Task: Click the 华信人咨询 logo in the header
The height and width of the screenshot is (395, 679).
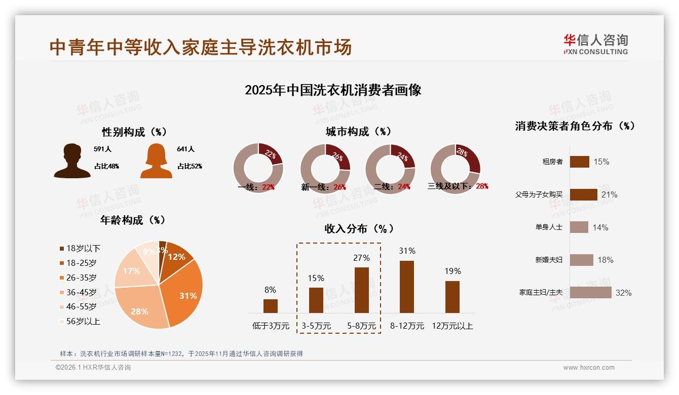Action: (x=595, y=44)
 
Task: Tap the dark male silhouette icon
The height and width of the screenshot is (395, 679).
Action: (x=72, y=161)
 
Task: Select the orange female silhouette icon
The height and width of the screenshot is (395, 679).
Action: (x=156, y=161)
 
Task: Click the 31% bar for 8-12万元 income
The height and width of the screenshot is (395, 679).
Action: (x=407, y=287)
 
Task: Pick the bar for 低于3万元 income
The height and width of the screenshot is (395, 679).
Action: (x=271, y=306)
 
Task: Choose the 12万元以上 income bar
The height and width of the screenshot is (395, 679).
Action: (x=452, y=297)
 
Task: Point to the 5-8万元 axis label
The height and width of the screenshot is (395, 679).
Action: (x=362, y=326)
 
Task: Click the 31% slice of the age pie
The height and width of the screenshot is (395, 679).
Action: (x=185, y=291)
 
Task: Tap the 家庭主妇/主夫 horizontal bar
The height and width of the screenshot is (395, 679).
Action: (x=590, y=293)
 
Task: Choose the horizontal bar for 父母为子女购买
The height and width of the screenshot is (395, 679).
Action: (x=583, y=194)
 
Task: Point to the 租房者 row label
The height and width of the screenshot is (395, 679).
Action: (x=552, y=162)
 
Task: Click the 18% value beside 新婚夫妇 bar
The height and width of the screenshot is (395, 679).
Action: (x=605, y=260)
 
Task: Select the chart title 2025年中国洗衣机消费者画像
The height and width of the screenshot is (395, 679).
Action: (x=333, y=90)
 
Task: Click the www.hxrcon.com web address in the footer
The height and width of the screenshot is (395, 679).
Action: (x=589, y=368)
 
